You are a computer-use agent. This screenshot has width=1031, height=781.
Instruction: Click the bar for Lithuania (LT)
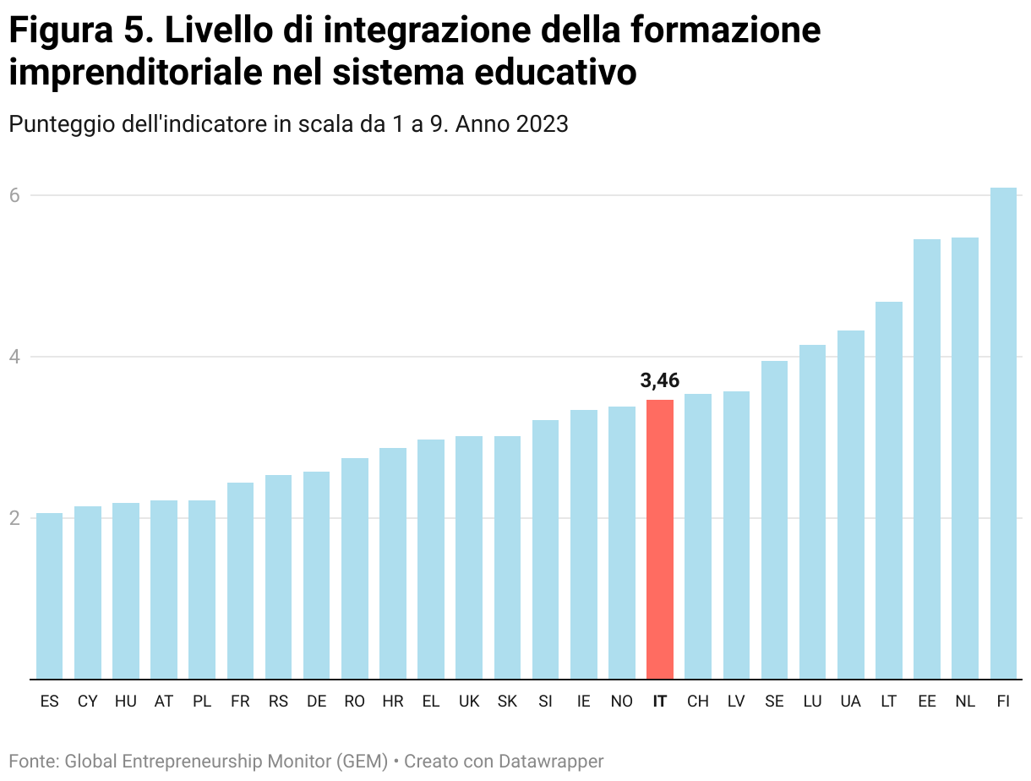tap(889, 490)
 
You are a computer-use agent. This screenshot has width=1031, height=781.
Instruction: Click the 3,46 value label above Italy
tap(660, 380)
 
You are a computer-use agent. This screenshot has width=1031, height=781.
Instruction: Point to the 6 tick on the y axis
tap(15, 195)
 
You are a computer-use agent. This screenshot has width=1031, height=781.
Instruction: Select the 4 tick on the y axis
tap(15, 357)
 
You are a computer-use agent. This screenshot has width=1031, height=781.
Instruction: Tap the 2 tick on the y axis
tap(15, 518)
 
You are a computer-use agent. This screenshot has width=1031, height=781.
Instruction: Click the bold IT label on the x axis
tap(660, 702)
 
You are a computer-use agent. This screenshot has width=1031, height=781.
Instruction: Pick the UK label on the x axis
tap(469, 702)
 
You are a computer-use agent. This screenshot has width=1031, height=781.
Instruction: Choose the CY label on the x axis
tap(88, 702)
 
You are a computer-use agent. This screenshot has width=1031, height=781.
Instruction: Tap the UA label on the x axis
tap(851, 702)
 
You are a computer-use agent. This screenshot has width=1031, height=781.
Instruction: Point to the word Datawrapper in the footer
tap(551, 762)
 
